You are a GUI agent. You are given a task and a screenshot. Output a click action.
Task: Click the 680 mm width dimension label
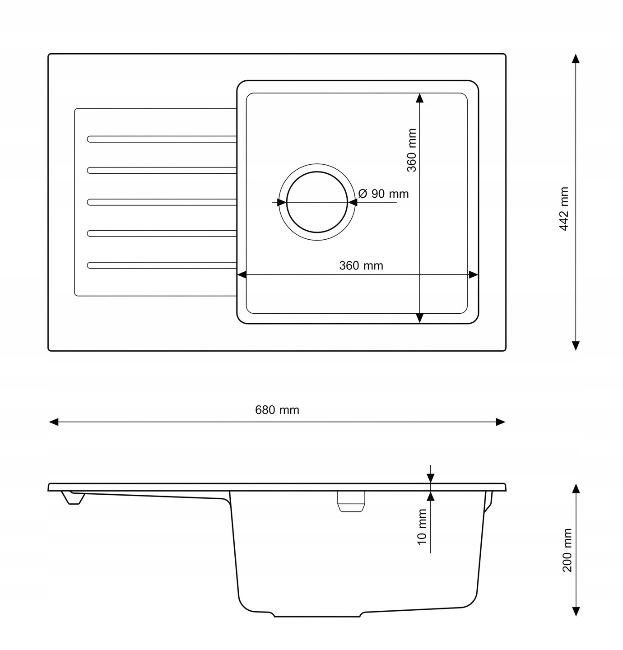(277, 410)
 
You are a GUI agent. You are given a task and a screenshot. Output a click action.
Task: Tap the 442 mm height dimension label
(564, 209)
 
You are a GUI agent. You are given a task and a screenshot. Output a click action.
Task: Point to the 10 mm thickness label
(422, 527)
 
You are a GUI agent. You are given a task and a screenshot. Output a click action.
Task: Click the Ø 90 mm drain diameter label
(383, 194)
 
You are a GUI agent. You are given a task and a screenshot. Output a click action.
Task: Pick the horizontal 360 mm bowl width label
(361, 265)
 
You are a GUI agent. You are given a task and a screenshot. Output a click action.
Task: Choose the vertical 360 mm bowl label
(412, 150)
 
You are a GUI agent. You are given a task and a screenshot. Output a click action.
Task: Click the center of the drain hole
(317, 202)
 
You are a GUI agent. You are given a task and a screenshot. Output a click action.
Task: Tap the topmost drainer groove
(162, 139)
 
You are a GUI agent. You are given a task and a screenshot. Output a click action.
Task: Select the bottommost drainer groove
(162, 265)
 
